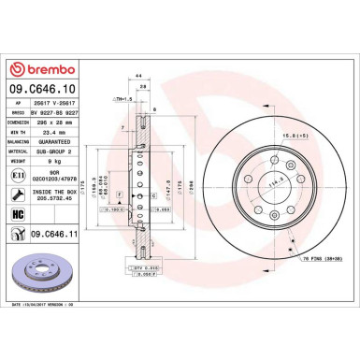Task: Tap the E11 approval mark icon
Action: coord(18,175)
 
